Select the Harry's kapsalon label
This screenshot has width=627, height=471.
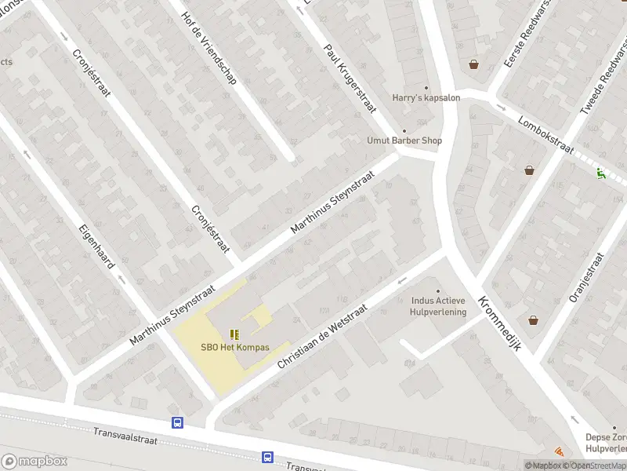pyautogui.click(x=426, y=97)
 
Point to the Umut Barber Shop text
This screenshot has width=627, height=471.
pyautogui.click(x=404, y=141)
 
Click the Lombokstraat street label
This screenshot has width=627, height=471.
pyautogui.click(x=546, y=135)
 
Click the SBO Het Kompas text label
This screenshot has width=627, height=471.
pyautogui.click(x=235, y=347)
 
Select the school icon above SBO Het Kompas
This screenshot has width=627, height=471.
pyautogui.click(x=235, y=334)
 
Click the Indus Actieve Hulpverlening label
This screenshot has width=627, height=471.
pyautogui.click(x=439, y=306)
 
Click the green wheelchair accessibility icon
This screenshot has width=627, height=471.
pyautogui.click(x=601, y=173)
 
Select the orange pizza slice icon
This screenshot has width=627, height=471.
pyautogui.click(x=559, y=451)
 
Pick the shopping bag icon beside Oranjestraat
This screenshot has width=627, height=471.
pyautogui.click(x=533, y=320)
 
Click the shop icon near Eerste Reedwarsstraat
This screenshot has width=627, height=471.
pyautogui.click(x=473, y=64)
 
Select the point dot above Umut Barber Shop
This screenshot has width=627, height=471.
pyautogui.click(x=404, y=131)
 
